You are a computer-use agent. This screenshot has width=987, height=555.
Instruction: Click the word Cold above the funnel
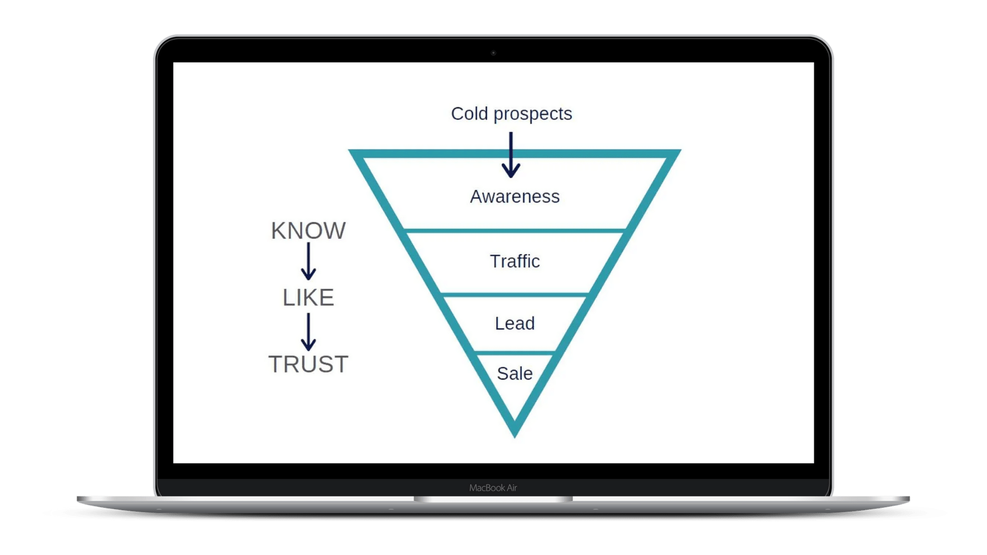(469, 114)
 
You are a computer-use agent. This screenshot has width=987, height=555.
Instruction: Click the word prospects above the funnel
(533, 114)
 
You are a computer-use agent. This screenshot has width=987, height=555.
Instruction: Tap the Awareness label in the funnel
(515, 196)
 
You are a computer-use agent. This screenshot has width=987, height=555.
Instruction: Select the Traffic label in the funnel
(515, 261)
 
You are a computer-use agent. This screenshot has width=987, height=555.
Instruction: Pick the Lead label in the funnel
(515, 323)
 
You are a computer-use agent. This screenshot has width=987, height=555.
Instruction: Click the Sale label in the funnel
(515, 374)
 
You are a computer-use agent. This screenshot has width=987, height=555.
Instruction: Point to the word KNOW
(308, 231)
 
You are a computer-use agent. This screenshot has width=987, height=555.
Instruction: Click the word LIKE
(308, 298)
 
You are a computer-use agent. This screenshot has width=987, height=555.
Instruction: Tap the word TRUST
(308, 364)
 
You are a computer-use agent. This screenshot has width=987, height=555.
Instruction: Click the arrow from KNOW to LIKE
(308, 262)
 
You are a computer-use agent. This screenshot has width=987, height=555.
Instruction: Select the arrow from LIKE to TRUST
(308, 332)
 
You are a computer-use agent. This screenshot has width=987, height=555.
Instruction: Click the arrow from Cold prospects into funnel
(511, 155)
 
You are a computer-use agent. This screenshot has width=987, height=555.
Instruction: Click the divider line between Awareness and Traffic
(515, 231)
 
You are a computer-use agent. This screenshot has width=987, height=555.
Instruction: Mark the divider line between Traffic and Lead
(515, 294)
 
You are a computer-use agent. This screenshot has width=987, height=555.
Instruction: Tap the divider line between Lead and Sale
(515, 353)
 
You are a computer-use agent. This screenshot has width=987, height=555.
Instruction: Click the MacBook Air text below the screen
(493, 488)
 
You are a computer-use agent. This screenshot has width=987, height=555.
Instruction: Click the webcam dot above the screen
(493, 53)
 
